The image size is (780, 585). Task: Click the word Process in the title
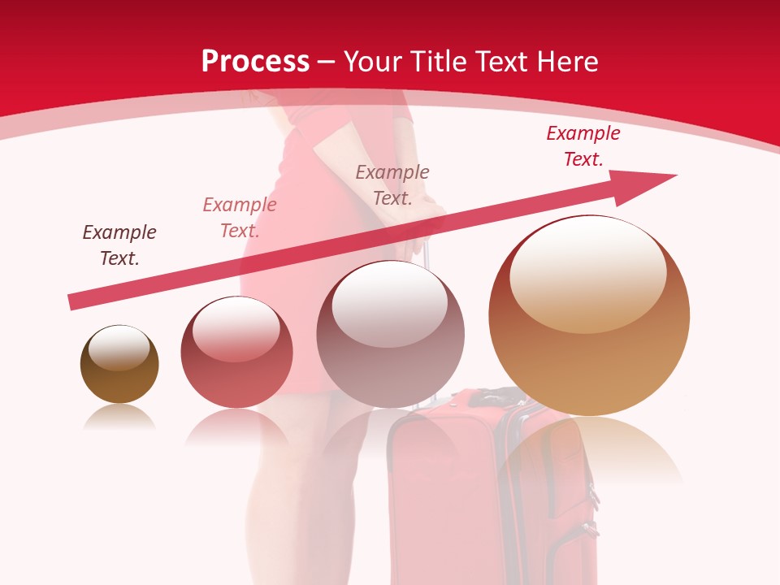[255, 62]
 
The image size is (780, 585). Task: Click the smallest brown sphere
[119, 366]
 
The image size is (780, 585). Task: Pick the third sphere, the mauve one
[390, 335]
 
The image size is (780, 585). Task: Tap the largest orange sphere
[589, 317]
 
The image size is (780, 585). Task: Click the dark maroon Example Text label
[119, 245]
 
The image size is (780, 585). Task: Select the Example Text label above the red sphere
[239, 217]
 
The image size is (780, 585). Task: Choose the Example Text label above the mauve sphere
[392, 184]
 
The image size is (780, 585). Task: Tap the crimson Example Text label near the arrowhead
[583, 146]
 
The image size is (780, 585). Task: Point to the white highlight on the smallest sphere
[119, 348]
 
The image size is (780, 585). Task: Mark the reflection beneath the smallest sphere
[119, 416]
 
